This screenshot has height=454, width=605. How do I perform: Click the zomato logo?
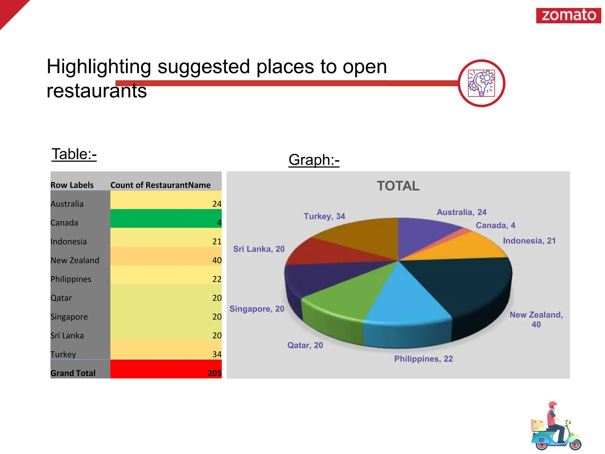568,15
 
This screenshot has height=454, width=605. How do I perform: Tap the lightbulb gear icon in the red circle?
481,83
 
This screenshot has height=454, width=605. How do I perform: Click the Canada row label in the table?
64,223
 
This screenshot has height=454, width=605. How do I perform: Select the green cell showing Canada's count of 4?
166,219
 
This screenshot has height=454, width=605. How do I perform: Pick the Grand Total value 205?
214,373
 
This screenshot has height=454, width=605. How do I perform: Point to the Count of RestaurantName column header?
160,185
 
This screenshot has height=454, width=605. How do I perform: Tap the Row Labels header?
72,185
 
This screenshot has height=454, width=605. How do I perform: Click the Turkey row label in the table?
63,354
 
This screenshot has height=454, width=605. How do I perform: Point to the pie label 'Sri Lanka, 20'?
259,249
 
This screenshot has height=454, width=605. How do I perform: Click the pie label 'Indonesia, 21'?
529,241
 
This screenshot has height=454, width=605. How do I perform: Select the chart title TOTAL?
398,186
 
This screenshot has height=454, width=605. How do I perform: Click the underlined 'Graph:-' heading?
314,160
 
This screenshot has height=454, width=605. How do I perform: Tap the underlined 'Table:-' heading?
74,154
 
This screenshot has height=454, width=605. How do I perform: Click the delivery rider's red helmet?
552,405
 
